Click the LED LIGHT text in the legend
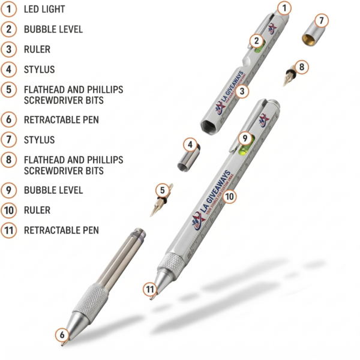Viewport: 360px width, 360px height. point(44,10)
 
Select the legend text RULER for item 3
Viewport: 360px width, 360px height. point(37,49)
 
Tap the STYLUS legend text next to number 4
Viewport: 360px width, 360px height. point(39,70)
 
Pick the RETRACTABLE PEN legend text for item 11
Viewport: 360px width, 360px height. point(61,230)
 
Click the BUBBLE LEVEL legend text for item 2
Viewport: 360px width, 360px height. point(53,29)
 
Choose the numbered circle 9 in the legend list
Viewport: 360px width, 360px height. point(9,190)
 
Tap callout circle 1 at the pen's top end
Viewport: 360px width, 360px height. point(284,8)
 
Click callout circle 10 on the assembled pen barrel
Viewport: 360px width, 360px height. point(230,196)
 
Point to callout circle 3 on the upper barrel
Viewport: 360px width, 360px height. point(242,91)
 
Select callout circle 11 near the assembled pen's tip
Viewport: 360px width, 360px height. point(151,289)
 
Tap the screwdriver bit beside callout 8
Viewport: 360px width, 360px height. point(289,76)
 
